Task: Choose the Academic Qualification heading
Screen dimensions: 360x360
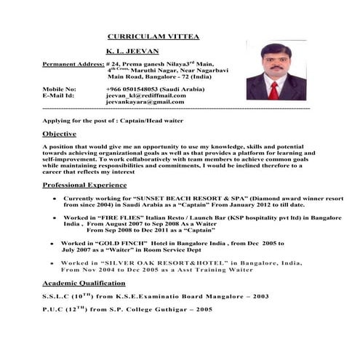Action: click(84, 282)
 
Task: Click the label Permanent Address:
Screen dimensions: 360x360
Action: click(72, 64)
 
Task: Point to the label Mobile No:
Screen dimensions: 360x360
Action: click(59, 88)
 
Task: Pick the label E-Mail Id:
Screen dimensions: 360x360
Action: click(59, 95)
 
